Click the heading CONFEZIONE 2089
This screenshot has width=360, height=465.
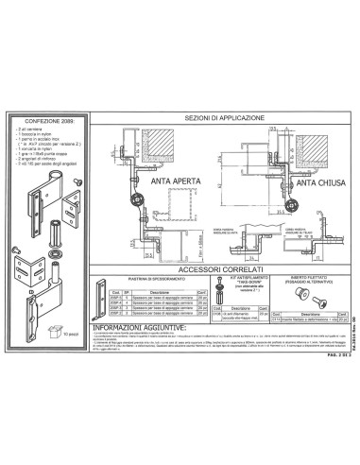pos(45,122)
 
